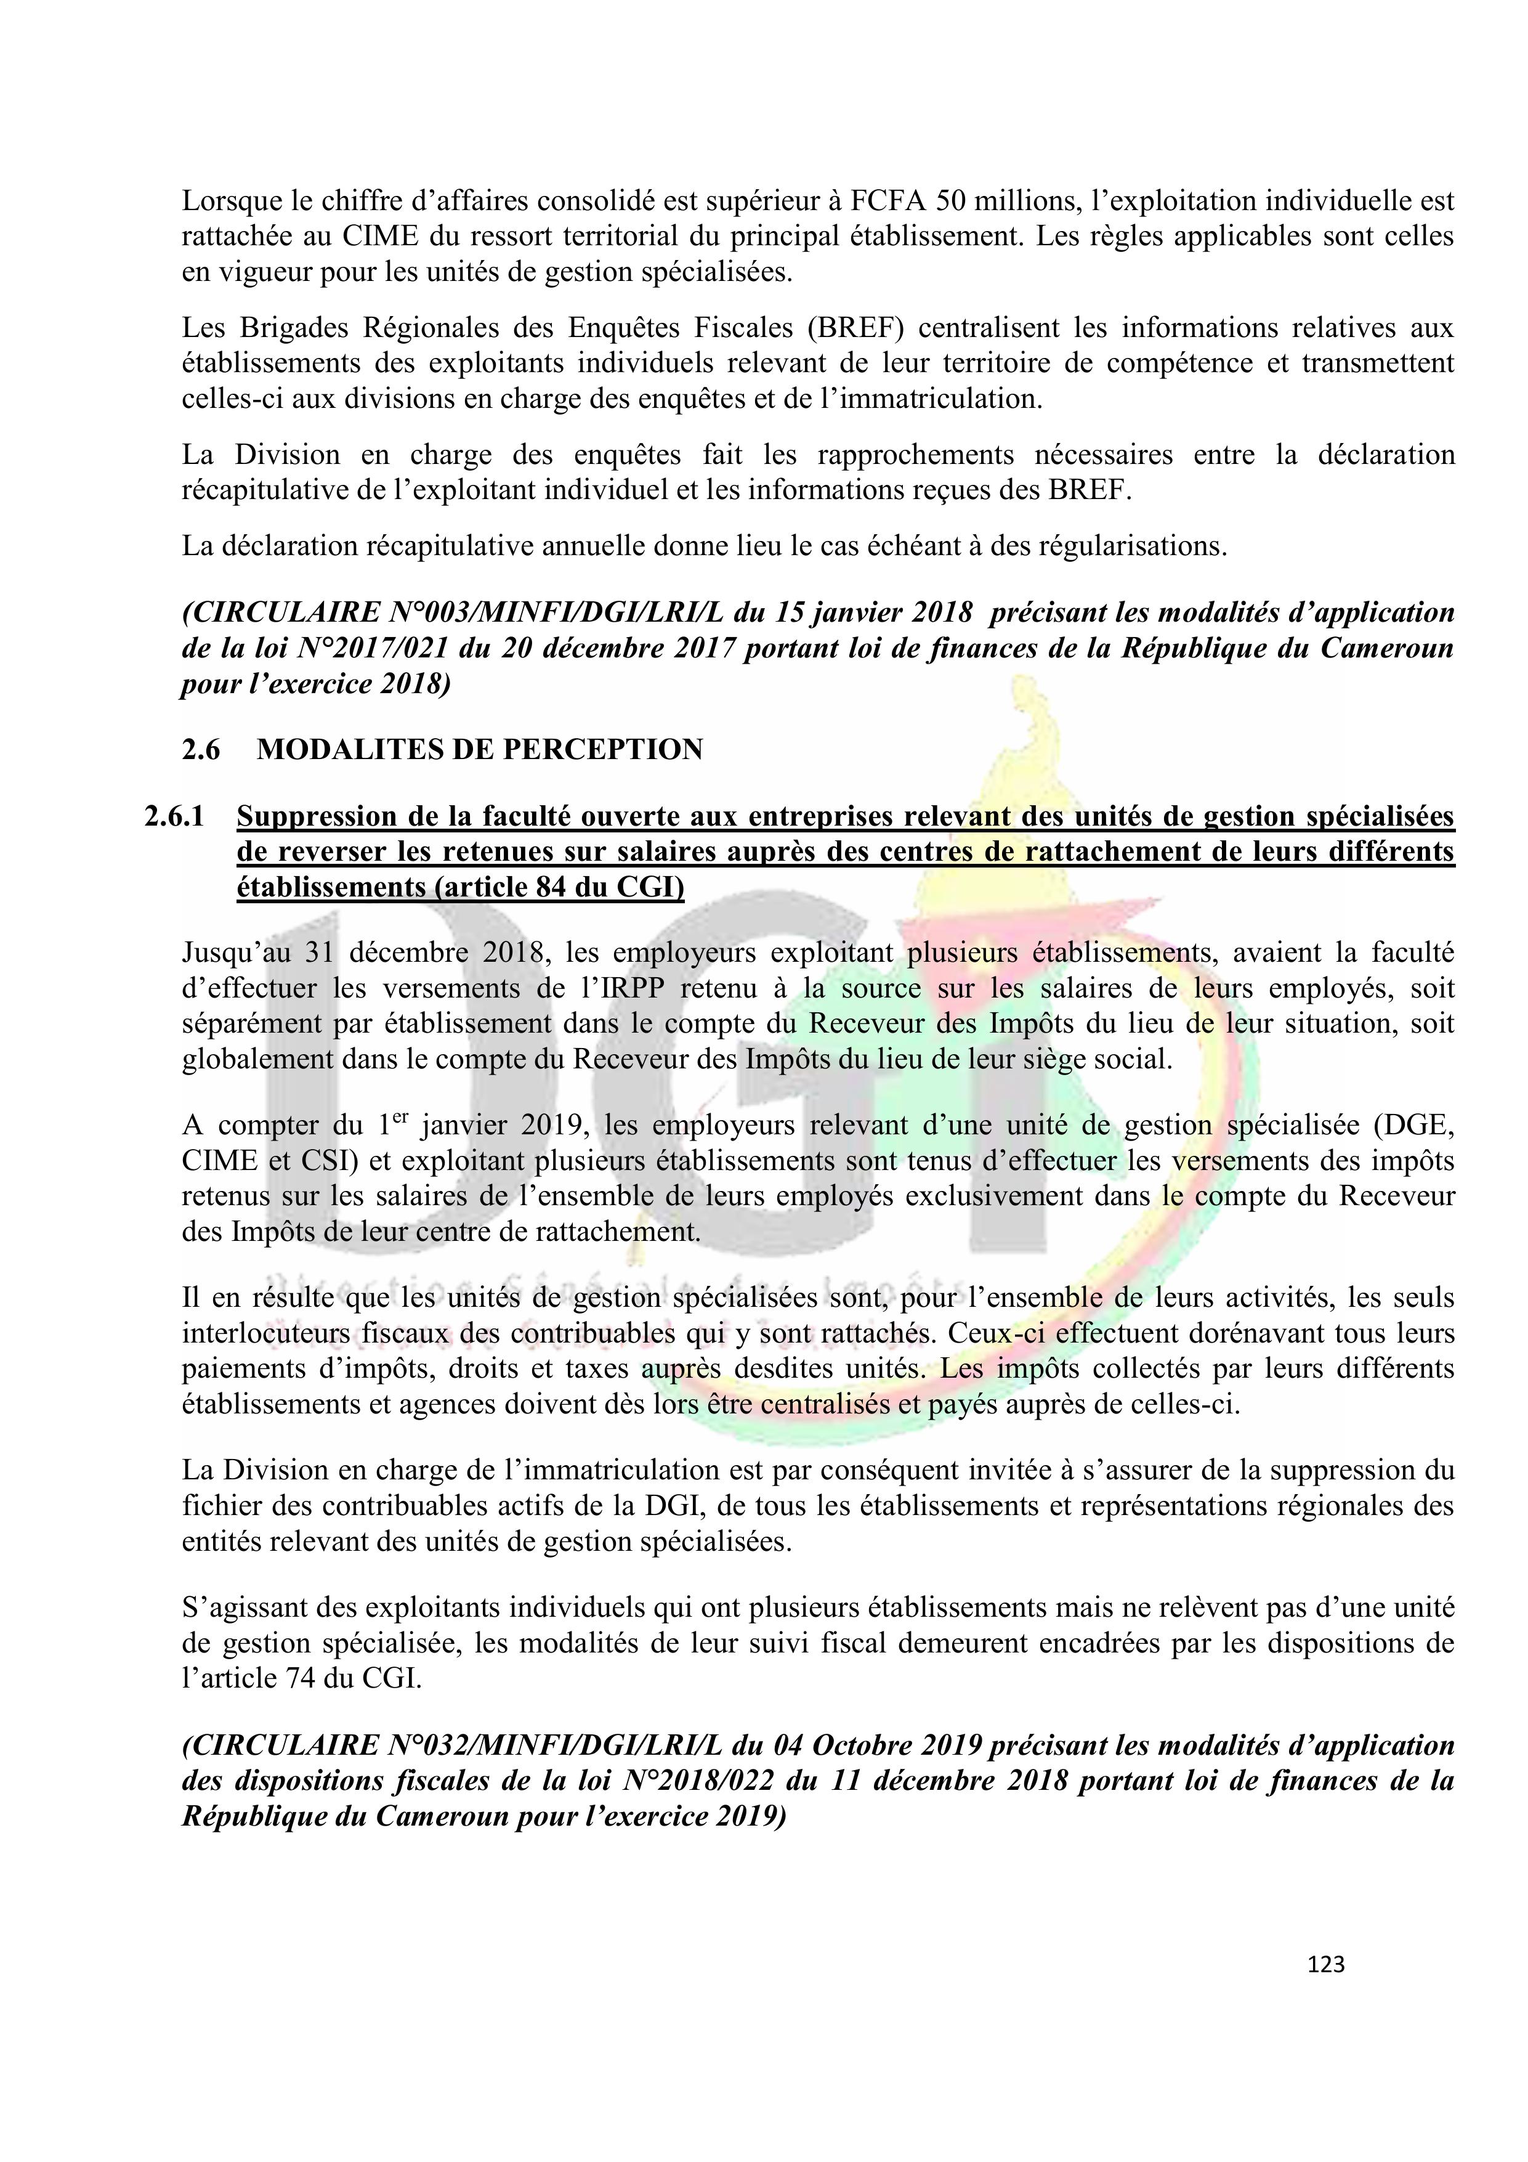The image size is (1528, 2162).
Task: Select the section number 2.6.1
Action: point(174,816)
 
